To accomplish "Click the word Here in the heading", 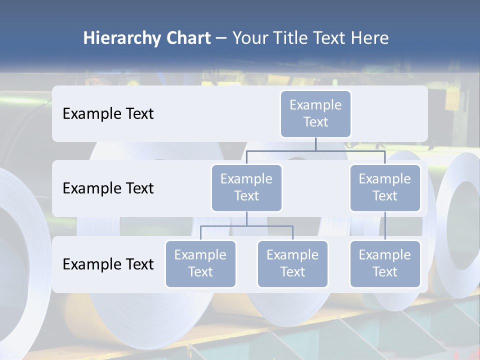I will point(369,38).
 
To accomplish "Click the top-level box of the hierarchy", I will point(315,113).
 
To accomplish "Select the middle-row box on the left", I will point(246,187).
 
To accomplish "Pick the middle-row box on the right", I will point(385,187).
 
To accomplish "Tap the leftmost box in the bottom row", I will point(200,263).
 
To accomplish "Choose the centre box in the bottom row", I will point(292,263).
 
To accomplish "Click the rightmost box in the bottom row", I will point(385,263).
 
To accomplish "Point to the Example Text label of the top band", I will point(108,113).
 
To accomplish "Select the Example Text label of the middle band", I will point(108,188).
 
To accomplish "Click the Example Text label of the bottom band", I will point(108,264).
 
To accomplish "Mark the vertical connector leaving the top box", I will point(315,144).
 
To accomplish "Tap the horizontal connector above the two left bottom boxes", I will point(246,226).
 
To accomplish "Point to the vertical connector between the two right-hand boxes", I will point(385,226).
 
